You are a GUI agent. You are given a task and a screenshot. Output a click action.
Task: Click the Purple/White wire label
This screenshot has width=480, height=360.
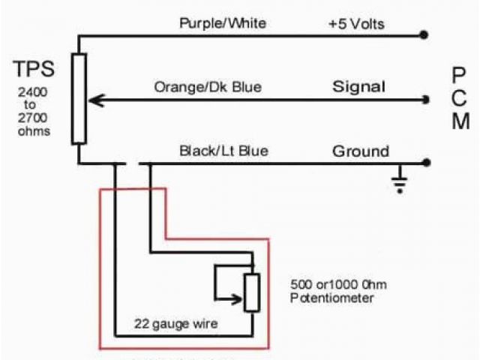click(223, 23)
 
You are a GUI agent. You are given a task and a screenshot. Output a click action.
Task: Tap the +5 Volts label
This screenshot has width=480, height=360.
click(356, 24)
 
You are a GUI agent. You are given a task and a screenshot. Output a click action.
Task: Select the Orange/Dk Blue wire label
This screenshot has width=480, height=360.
click(208, 88)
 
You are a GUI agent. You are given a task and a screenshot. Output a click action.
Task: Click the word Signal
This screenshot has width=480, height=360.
click(358, 87)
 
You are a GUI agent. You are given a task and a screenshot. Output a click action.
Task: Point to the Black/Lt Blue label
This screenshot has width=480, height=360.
click(223, 151)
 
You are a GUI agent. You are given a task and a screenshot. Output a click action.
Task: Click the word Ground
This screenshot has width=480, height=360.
click(361, 151)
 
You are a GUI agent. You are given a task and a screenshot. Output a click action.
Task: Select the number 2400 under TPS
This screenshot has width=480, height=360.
click(31, 95)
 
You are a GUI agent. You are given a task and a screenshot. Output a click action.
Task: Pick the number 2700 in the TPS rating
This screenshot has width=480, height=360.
click(31, 119)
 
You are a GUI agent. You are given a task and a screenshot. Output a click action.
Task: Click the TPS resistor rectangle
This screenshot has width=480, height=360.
click(79, 98)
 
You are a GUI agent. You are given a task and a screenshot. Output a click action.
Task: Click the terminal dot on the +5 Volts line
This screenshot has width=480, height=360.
click(425, 34)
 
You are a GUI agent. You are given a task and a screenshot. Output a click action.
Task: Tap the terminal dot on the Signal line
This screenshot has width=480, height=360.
click(425, 99)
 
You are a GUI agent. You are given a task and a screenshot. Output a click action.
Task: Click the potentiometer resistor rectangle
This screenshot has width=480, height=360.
click(252, 292)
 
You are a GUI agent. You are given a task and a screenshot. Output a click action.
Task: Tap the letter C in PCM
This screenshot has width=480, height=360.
click(460, 97)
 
